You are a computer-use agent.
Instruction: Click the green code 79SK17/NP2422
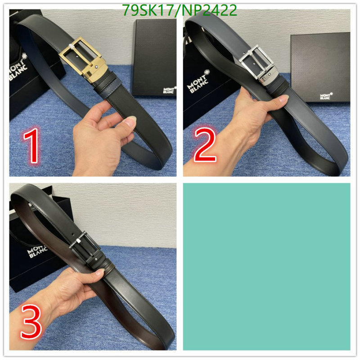coord(180,10)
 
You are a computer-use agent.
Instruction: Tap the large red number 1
coord(32,145)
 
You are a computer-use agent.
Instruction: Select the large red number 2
coord(205,145)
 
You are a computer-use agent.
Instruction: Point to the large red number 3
coord(31,321)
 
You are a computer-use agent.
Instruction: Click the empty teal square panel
coord(266,266)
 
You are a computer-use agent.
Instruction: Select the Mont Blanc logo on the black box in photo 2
coord(324,96)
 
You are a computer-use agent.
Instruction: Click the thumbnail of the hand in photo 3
coord(99,272)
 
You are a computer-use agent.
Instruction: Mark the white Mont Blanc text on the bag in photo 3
coord(37,252)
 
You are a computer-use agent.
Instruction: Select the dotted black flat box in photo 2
coord(320,67)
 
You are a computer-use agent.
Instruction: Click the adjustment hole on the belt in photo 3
coord(73,234)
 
